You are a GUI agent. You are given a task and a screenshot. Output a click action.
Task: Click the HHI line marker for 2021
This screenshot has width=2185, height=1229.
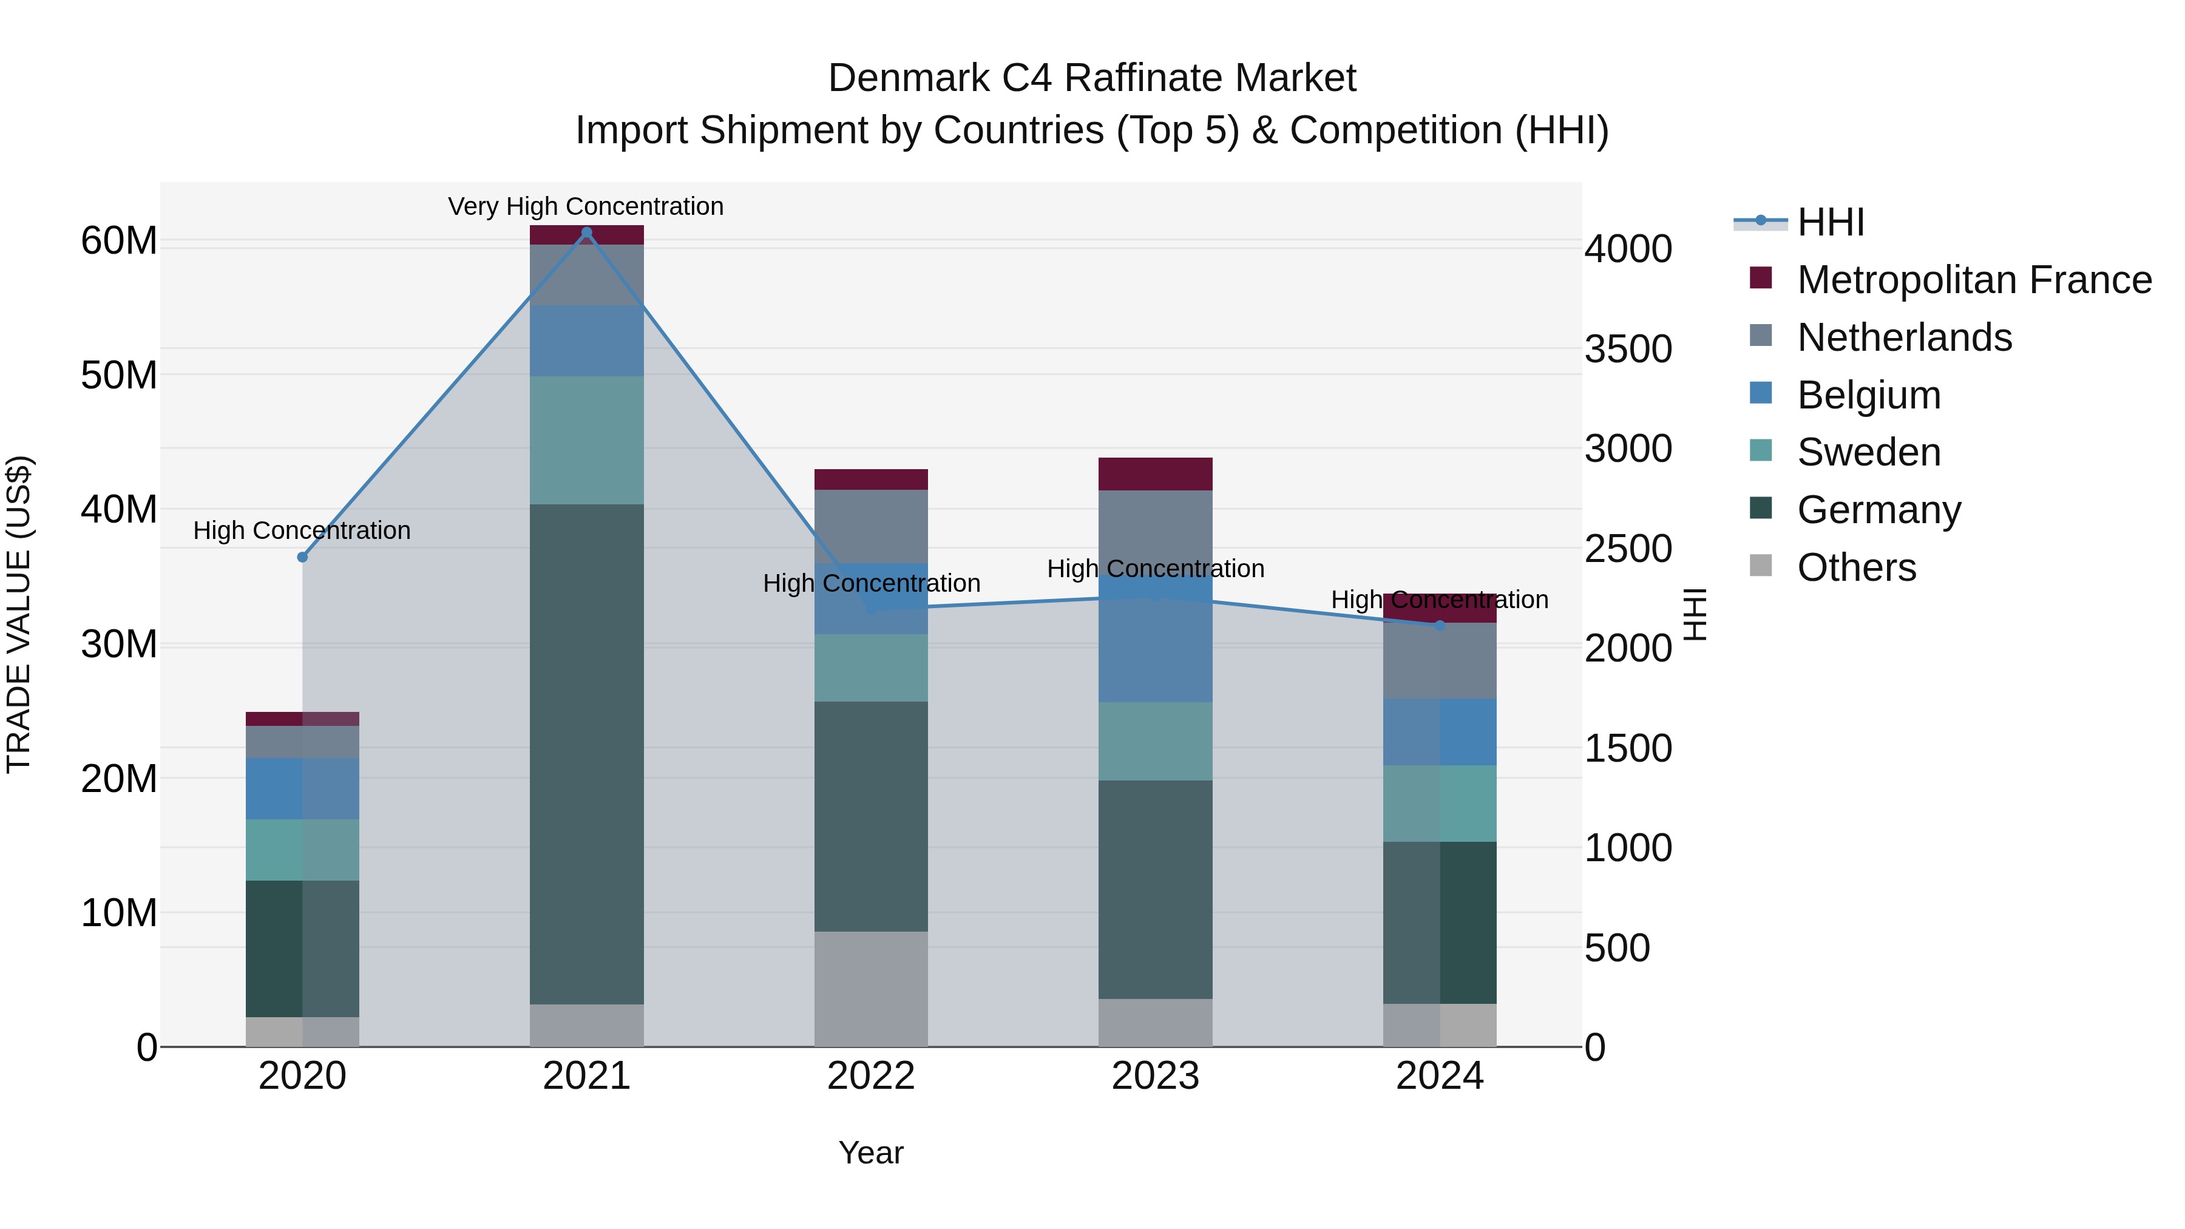pyautogui.click(x=586, y=232)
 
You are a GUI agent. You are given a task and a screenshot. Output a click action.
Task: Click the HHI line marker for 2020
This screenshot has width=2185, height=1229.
pyautogui.click(x=302, y=557)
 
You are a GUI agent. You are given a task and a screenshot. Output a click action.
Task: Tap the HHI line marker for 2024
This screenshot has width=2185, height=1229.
pyautogui.click(x=1440, y=626)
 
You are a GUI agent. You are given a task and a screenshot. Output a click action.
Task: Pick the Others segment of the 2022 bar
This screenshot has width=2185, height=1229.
pyautogui.click(x=871, y=989)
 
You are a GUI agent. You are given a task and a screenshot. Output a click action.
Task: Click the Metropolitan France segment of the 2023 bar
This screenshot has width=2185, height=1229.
pyautogui.click(x=1155, y=474)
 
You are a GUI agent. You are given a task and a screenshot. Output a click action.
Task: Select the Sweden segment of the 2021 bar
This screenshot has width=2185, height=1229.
pyautogui.click(x=586, y=440)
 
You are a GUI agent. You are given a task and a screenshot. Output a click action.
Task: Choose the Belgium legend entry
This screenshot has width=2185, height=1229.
pyautogui.click(x=1869, y=395)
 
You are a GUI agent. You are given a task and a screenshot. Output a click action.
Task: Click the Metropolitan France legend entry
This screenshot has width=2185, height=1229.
pyautogui.click(x=1974, y=280)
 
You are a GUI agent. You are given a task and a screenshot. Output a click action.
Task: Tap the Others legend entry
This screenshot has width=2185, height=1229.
pyautogui.click(x=1856, y=567)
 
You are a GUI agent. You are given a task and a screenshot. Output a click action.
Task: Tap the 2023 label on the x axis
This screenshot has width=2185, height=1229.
pyautogui.click(x=1155, y=1076)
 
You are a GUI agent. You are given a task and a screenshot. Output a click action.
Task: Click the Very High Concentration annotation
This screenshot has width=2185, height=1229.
pyautogui.click(x=586, y=206)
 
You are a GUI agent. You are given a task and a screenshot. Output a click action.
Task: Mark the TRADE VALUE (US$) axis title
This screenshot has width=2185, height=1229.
pyautogui.click(x=19, y=614)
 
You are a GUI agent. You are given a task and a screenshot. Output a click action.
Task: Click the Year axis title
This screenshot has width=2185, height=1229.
pyautogui.click(x=871, y=1153)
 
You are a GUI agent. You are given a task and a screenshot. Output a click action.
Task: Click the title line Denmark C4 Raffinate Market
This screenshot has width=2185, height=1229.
pyautogui.click(x=1092, y=78)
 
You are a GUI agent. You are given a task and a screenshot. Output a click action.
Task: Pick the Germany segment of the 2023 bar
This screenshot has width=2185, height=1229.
pyautogui.click(x=1155, y=889)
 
